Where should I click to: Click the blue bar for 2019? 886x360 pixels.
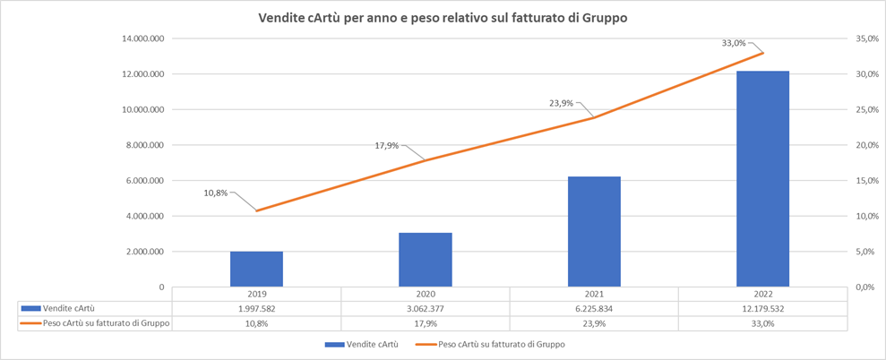pos(256,270)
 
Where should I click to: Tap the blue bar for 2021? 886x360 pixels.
pos(595,232)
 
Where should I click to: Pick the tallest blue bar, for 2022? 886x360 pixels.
pos(762,179)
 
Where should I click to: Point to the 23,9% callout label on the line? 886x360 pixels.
pos(562,103)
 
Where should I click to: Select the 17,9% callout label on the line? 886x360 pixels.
pos(387,145)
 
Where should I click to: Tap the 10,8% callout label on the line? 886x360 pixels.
pos(216,193)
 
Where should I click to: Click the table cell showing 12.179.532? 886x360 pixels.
pos(762,309)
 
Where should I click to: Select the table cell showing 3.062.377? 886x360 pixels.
pos(426,309)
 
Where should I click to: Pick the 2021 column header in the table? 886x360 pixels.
pos(595,295)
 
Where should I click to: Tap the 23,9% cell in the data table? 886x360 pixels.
pos(595,323)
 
